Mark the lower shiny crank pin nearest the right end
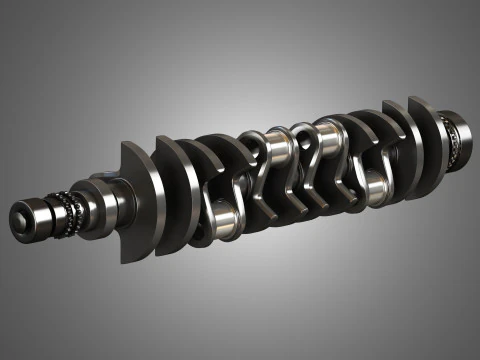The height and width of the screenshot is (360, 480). coord(372,186)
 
